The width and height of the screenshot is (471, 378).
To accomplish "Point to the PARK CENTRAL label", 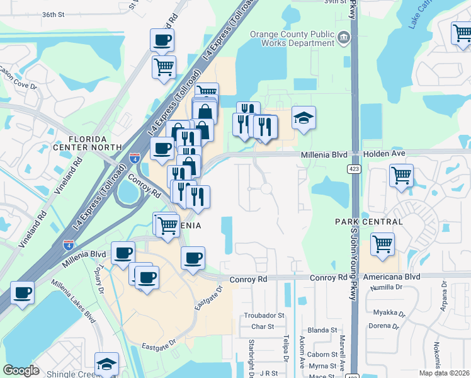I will [x=368, y=222].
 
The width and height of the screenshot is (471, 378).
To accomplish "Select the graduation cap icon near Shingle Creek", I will [x=107, y=364].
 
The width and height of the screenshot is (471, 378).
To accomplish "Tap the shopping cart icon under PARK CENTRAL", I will [x=382, y=244].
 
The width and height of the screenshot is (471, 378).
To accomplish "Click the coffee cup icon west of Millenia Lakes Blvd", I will [x=23, y=292].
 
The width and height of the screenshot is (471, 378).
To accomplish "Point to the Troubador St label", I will [x=264, y=315].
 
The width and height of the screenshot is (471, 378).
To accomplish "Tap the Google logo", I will [x=21, y=370].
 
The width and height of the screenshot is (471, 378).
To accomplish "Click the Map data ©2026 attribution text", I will [x=444, y=373].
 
